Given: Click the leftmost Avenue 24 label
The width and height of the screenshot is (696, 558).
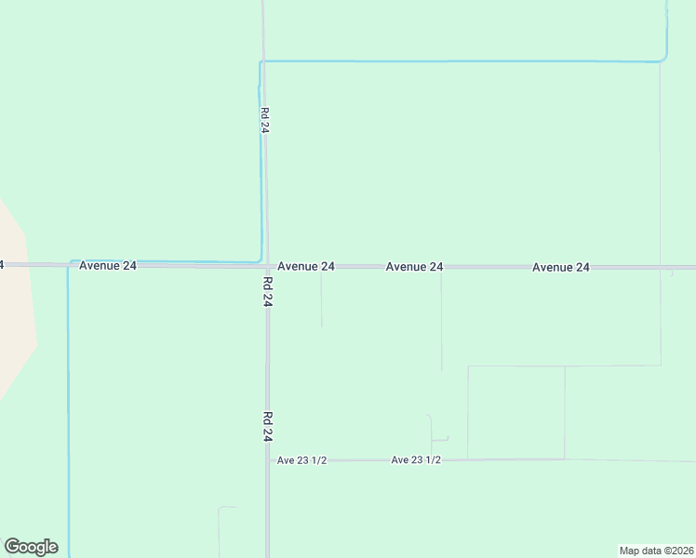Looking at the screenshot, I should point(108,265).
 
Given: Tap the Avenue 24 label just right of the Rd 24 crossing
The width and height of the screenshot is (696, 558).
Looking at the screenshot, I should point(306,266).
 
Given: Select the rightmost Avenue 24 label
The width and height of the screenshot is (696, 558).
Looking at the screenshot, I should point(561,267).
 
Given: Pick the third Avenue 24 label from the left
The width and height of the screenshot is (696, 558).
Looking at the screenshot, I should point(414,266).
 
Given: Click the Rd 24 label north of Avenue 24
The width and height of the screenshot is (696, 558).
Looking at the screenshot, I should point(265,120).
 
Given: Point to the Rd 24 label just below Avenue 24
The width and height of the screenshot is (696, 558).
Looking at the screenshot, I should point(267,291).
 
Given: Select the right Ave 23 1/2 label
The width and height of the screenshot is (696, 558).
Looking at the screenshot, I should point(416,459).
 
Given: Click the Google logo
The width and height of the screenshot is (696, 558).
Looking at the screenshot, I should point(31,547).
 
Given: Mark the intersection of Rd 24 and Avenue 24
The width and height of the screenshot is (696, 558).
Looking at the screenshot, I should point(266,266).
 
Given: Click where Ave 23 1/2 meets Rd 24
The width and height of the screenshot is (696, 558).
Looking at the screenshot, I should point(268,459).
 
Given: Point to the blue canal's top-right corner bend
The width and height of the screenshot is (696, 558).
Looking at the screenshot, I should point(664,59).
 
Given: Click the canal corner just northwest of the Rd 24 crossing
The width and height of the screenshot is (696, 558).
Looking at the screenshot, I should point(259,260).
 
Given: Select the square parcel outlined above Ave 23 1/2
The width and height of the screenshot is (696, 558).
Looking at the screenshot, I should point(515,412).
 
